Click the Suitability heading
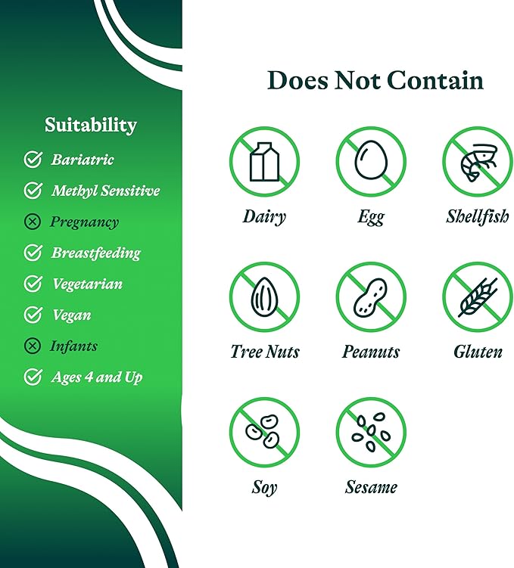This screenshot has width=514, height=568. [91, 126]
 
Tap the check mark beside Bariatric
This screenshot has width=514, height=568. [33, 160]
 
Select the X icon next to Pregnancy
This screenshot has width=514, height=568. [33, 222]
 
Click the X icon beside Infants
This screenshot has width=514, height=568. [33, 346]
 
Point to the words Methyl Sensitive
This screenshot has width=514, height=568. [105, 191]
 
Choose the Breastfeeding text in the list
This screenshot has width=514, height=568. [96, 253]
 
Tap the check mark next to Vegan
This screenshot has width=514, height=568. [33, 315]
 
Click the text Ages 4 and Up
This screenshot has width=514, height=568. [97, 377]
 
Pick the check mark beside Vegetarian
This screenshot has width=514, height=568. [33, 284]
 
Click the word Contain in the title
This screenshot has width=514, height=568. [435, 80]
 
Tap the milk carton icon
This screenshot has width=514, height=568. [264, 162]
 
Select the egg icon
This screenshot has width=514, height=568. [371, 160]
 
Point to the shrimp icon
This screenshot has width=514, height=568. [479, 162]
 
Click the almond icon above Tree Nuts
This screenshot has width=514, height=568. [264, 296]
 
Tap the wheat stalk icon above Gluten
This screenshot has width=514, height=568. [478, 297]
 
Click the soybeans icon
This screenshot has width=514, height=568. [263, 431]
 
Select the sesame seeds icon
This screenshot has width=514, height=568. [371, 432]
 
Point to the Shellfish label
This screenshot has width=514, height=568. [478, 216]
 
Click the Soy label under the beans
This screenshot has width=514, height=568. [264, 488]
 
